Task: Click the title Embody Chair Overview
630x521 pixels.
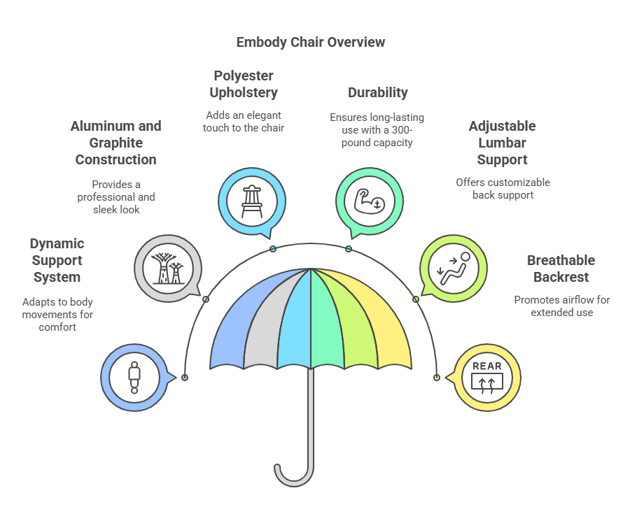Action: point(310,42)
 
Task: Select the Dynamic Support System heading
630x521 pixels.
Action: point(57,260)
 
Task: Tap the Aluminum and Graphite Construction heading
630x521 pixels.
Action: point(115,143)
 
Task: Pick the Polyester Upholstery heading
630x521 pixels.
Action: point(244,84)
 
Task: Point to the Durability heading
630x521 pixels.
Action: point(377,92)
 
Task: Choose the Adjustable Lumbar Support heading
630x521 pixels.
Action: point(502,143)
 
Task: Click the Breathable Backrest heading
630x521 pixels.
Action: point(561,269)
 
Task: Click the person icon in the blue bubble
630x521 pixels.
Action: point(134,378)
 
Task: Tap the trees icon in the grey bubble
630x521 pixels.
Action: point(167,268)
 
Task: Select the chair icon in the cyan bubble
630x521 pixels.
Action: point(251,201)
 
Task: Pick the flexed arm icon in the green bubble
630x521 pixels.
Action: point(369,201)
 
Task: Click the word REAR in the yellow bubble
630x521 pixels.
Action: point(487,366)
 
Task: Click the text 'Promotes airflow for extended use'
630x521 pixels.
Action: point(561,306)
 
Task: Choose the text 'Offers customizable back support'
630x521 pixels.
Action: point(503,189)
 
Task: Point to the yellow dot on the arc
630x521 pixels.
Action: point(436,378)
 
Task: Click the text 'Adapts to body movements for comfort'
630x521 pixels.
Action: point(57,315)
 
